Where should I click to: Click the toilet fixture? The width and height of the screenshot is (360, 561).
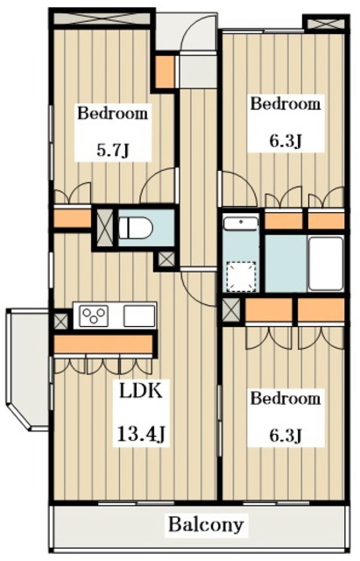tap(136, 228)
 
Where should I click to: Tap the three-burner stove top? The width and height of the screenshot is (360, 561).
tap(94, 316)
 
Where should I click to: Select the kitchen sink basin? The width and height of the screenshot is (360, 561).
tap(139, 316)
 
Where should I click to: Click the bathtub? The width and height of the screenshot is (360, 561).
tap(326, 263)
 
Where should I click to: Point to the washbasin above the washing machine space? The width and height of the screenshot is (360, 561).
tap(241, 224)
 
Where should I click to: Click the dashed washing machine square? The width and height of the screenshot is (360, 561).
tap(242, 275)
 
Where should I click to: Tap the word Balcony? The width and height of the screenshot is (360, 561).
tap(206, 525)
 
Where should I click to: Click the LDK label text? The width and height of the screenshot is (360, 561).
tap(141, 391)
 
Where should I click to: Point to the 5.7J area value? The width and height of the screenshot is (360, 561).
tap(113, 150)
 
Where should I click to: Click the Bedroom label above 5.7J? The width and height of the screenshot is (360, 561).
tap(113, 113)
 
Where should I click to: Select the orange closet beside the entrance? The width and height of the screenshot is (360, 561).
tap(165, 72)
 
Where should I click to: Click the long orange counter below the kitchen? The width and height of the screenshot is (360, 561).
tap(102, 344)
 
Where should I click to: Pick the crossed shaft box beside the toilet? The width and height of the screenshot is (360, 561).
tap(105, 228)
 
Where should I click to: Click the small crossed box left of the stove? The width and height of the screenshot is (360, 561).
tap(60, 321)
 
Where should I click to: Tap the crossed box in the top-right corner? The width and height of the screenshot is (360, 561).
tap(326, 24)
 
